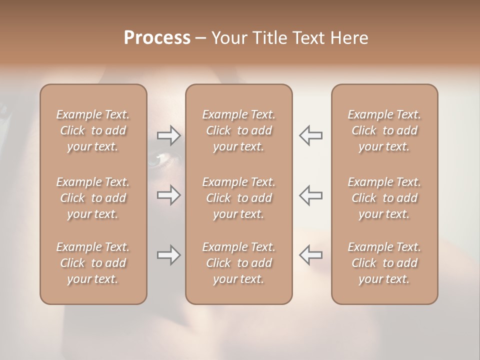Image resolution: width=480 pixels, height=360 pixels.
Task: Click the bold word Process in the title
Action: pos(157,38)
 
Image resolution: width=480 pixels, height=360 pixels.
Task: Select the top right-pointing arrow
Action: pos(169,135)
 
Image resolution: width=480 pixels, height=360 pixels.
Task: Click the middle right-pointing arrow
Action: pos(169,195)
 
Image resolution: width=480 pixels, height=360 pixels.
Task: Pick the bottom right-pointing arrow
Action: pos(169,255)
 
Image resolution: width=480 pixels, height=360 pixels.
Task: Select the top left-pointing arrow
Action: pos(310,135)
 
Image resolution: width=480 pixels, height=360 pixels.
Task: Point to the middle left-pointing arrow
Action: pos(310,195)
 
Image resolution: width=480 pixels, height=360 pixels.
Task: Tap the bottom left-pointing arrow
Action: pos(310,255)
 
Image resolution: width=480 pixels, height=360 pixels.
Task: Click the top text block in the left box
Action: pos(93,130)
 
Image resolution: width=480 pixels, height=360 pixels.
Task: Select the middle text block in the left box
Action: pos(93,198)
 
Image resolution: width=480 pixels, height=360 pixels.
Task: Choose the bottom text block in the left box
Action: pos(93,263)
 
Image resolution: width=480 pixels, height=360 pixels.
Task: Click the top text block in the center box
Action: pos(238,130)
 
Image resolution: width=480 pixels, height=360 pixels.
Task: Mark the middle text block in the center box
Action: pos(238,198)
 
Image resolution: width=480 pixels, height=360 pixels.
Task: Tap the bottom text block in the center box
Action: pos(238,263)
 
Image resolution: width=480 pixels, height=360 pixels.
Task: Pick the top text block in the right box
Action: pos(384,130)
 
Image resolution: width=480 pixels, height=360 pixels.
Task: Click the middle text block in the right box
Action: pos(384,198)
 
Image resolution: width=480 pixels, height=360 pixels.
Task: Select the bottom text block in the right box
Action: pos(384,263)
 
